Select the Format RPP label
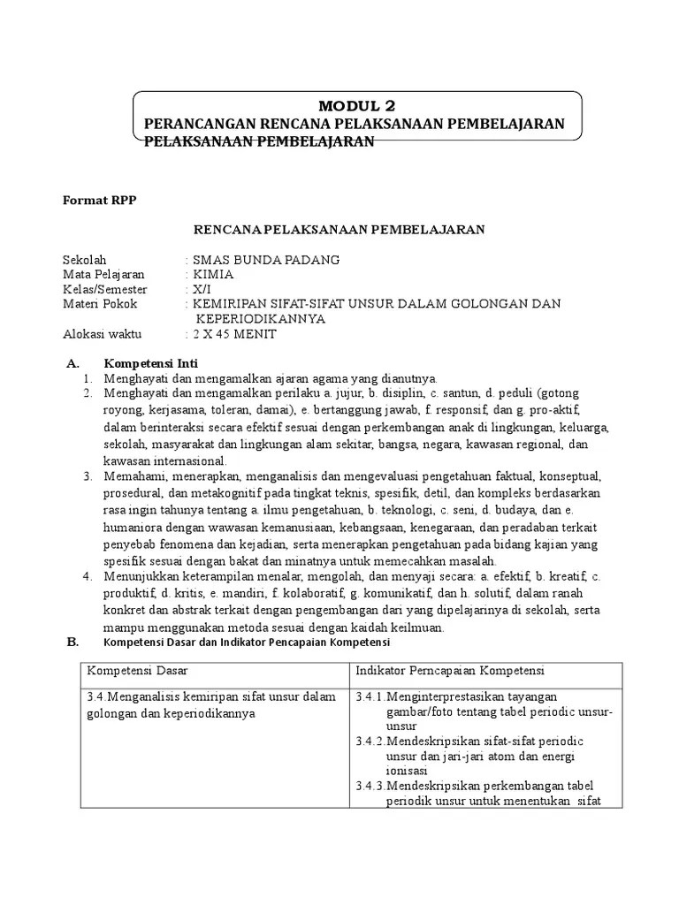tap(100, 200)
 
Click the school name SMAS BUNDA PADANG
tap(263, 260)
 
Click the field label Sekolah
tap(85, 260)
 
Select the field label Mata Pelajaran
tap(103, 274)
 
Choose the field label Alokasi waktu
tap(102, 334)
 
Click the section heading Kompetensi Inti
tap(151, 363)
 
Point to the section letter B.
tap(73, 642)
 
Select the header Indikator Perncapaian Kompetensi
tap(450, 671)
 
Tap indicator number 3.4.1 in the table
tap(370, 696)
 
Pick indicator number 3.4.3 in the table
tap(370, 786)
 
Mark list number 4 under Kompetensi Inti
tap(88, 576)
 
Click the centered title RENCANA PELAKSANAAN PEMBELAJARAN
tap(339, 230)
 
